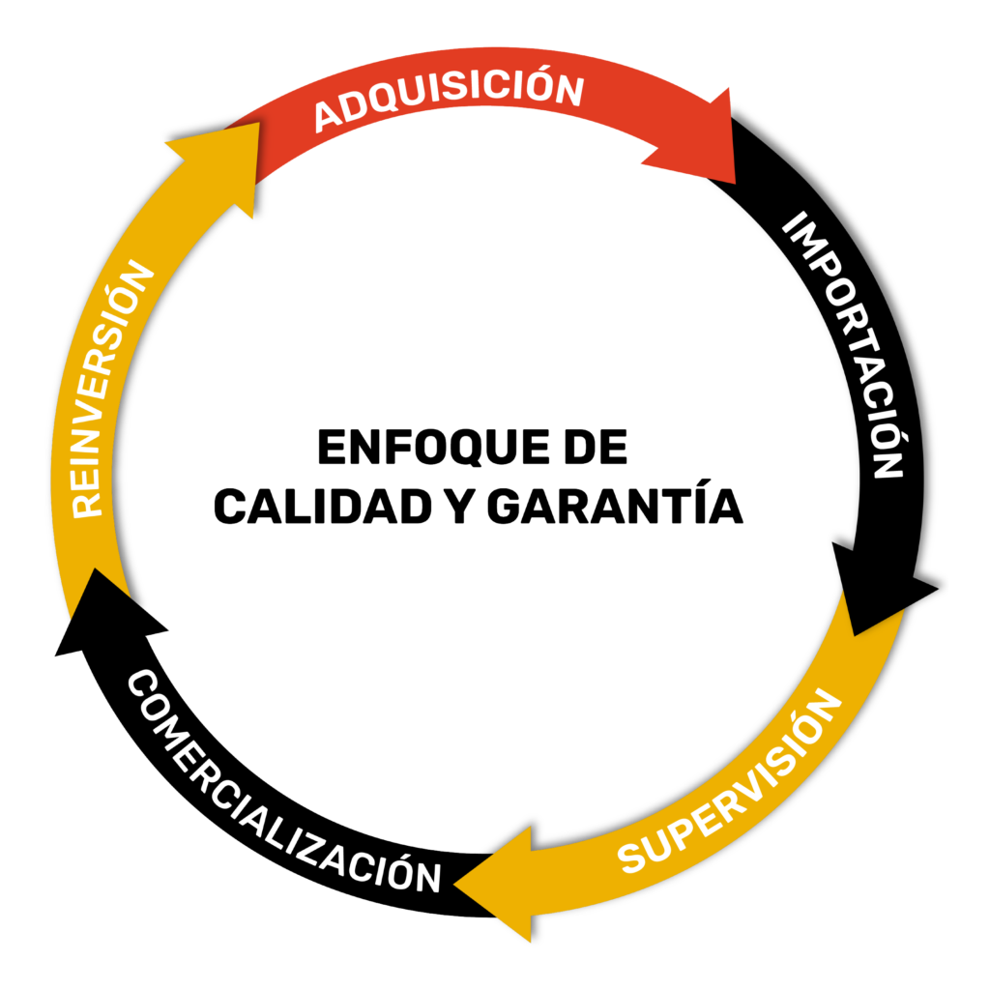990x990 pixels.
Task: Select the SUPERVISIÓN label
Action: [x=726, y=782]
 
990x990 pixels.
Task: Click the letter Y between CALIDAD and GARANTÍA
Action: [x=458, y=506]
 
